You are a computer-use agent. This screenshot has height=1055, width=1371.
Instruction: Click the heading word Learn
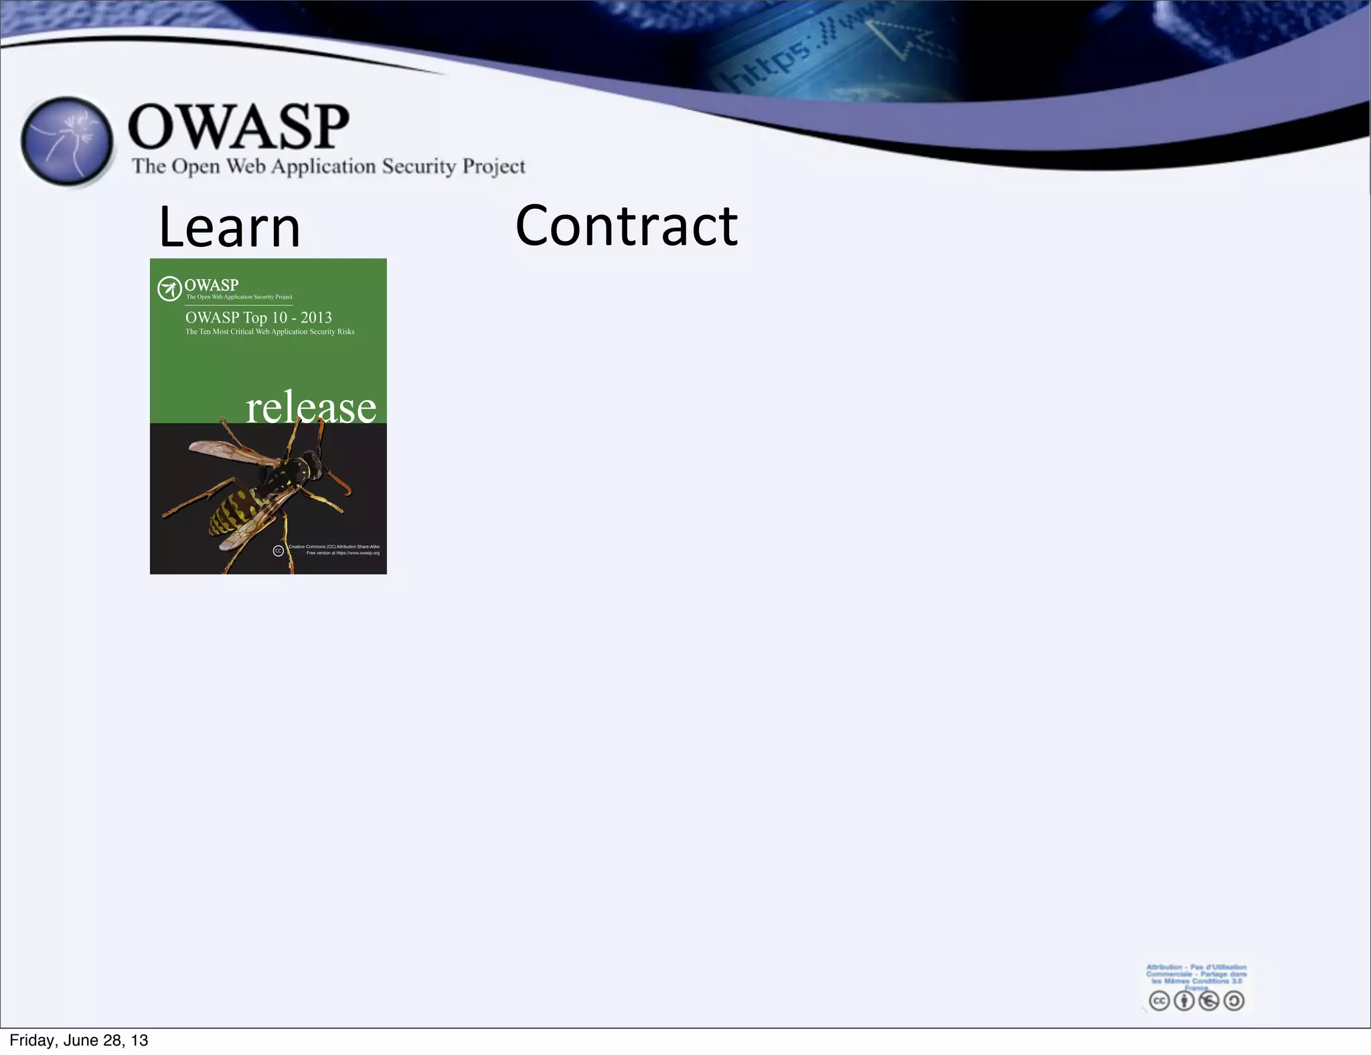click(x=230, y=228)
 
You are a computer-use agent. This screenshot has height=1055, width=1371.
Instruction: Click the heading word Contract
click(x=626, y=226)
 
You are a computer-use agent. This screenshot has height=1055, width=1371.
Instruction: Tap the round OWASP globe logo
click(x=67, y=141)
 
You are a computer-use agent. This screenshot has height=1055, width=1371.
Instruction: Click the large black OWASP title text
click(x=238, y=127)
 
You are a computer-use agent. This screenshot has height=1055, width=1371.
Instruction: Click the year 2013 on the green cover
click(x=316, y=317)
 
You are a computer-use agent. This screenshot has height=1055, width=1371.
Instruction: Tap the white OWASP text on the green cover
click(x=211, y=285)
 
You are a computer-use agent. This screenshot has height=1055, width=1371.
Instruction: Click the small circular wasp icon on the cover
click(x=169, y=289)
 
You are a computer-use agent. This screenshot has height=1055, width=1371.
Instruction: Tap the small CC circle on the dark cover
click(x=278, y=550)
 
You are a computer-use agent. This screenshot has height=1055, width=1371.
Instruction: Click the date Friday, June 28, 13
click(x=79, y=1040)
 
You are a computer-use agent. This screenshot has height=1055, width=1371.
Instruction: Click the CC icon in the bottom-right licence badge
click(x=1159, y=1001)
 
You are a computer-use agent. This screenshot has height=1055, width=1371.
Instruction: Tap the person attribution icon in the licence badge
click(x=1184, y=1001)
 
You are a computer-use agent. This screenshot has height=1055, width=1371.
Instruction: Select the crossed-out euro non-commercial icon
click(x=1208, y=1001)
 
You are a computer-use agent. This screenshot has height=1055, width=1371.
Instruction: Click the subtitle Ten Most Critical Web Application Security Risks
click(x=270, y=331)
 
